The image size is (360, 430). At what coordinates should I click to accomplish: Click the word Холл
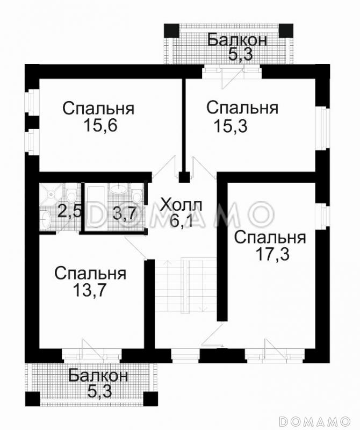[x=182, y=205]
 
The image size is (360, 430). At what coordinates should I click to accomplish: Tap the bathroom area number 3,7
[x=123, y=214]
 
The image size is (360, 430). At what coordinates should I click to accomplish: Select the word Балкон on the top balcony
[x=237, y=40]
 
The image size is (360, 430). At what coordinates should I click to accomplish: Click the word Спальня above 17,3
[x=270, y=237]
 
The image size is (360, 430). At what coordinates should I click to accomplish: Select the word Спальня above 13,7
[x=90, y=274]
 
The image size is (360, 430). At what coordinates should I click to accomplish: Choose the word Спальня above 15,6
[x=98, y=108]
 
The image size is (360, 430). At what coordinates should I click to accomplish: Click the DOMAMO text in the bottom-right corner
[x=323, y=419]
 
